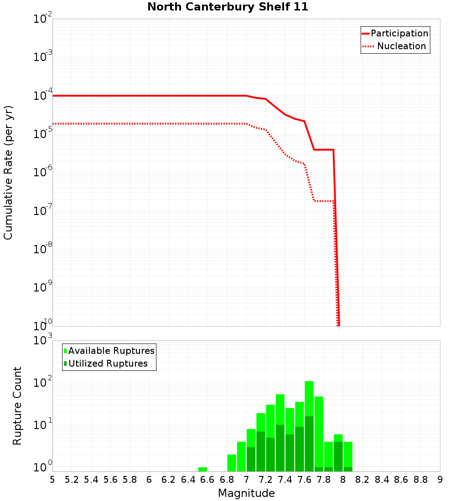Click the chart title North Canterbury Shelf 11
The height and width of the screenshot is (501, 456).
click(x=228, y=7)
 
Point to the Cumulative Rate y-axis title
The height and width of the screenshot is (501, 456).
click(x=9, y=173)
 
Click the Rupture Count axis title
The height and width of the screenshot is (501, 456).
click(x=17, y=406)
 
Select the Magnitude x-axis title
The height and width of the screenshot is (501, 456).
click(x=246, y=493)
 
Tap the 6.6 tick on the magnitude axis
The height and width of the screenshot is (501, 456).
click(x=207, y=480)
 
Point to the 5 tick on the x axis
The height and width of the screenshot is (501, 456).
click(x=52, y=480)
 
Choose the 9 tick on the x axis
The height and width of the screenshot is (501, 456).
click(x=440, y=480)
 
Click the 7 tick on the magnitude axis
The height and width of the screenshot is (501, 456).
click(x=246, y=480)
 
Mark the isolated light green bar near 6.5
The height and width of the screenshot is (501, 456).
click(x=202, y=469)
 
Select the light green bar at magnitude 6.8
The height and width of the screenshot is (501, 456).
click(x=232, y=463)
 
